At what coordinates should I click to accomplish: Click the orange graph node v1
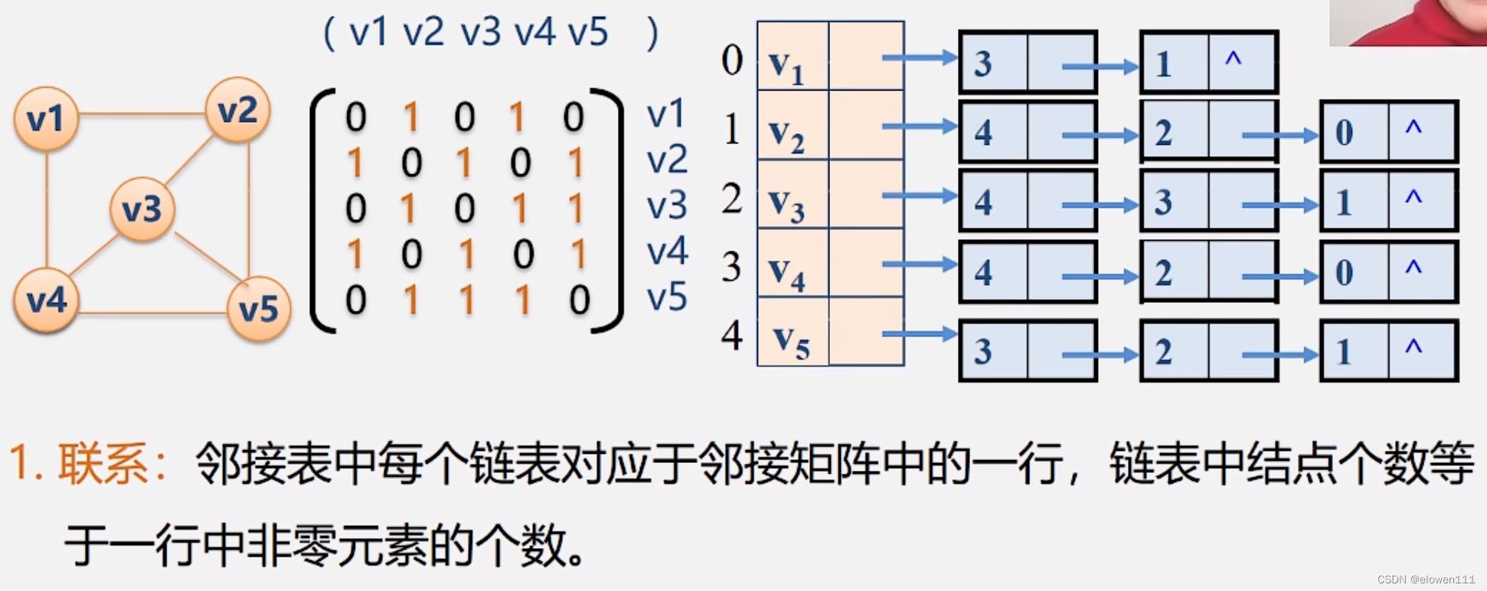46,119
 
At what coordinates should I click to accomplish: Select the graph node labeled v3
142,208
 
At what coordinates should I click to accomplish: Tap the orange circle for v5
258,309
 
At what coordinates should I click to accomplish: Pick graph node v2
237,110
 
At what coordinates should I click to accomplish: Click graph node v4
46,300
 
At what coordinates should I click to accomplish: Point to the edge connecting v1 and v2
142,115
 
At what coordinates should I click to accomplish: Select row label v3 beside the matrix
666,205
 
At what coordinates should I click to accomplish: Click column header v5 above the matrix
588,33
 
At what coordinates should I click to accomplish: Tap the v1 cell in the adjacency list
793,57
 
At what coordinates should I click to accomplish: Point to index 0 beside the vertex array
731,60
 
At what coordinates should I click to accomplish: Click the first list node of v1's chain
1028,63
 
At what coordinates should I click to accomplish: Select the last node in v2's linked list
1388,132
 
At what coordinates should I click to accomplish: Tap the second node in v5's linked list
1208,351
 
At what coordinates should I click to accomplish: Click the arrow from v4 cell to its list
919,264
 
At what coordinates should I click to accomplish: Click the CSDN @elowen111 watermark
1425,580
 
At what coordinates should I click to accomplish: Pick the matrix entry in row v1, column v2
411,117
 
